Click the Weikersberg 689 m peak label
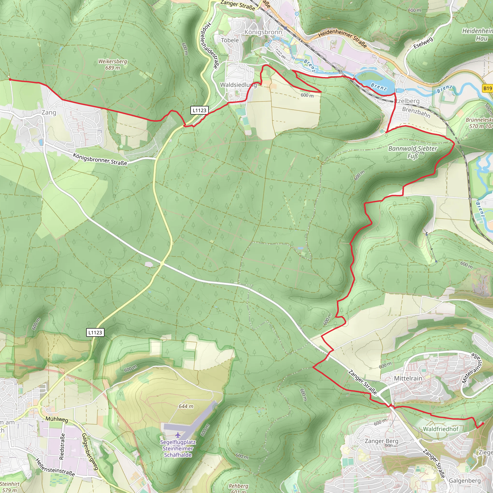pos(112,65)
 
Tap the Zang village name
pos(49,112)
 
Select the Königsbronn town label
pos(263,32)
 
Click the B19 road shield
pos(487,88)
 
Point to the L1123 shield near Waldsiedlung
pos(199,110)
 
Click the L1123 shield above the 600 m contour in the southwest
pos(95,332)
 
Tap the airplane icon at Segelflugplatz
pos(178,435)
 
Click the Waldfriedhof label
pos(441,429)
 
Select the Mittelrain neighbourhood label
pos(408,378)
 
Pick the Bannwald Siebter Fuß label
pos(413,152)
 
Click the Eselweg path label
pos(423,43)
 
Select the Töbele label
pos(230,40)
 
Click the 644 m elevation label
pos(186,406)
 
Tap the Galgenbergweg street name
pos(90,452)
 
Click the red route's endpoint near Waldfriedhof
pos(483,423)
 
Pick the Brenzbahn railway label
pos(416,112)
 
